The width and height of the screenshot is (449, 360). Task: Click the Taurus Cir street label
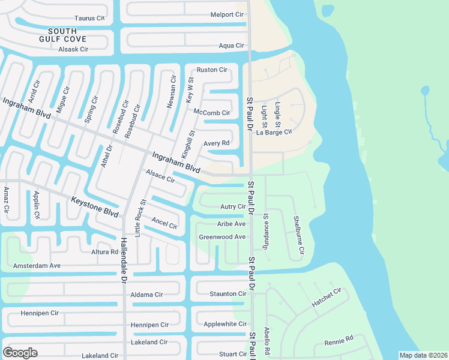pyautogui.click(x=89, y=19)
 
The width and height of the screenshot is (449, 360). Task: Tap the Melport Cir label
pyautogui.click(x=227, y=14)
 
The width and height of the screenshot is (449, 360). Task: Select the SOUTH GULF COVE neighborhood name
pyautogui.click(x=63, y=35)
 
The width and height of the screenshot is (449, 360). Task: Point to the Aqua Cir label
pyautogui.click(x=231, y=46)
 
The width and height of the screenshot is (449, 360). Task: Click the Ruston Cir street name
pyautogui.click(x=212, y=70)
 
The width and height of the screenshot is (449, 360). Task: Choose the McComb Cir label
pyautogui.click(x=211, y=112)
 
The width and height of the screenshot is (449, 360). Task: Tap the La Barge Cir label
pyautogui.click(x=274, y=132)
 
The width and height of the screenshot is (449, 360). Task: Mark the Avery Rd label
pyautogui.click(x=217, y=143)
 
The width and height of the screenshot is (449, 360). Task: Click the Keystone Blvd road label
pyautogui.click(x=94, y=207)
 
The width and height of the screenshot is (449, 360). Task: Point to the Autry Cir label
pyautogui.click(x=233, y=206)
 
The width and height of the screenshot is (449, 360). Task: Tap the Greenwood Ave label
pyautogui.click(x=222, y=237)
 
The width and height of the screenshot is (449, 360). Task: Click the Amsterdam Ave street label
pyautogui.click(x=37, y=265)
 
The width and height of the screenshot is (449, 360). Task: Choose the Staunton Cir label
pyautogui.click(x=228, y=294)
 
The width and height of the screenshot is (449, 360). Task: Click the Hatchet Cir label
pyautogui.click(x=326, y=298)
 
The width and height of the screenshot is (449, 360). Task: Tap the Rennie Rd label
pyautogui.click(x=339, y=340)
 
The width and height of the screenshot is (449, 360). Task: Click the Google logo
pyautogui.click(x=20, y=352)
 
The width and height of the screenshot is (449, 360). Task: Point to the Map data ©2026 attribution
pyautogui.click(x=423, y=355)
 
